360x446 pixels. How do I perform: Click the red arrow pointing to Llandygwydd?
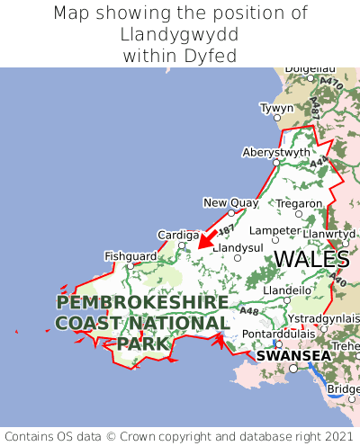205,240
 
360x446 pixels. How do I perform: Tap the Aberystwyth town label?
276,153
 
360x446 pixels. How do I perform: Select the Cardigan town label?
178,235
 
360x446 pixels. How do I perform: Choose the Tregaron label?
299,203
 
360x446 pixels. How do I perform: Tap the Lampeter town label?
274,230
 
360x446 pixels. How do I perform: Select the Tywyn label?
276,108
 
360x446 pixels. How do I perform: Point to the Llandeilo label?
288,290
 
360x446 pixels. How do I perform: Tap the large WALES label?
311,259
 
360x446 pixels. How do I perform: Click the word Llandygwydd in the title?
180,35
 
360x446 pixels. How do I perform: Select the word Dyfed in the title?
215,56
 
